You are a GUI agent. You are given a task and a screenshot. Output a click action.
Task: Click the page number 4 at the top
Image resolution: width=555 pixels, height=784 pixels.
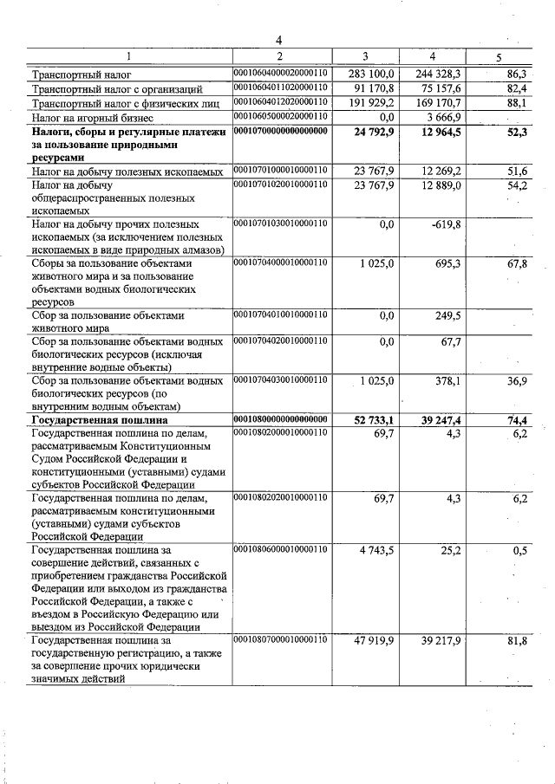point(279,40)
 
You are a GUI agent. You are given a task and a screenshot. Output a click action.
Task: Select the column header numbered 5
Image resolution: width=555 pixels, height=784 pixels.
point(498,57)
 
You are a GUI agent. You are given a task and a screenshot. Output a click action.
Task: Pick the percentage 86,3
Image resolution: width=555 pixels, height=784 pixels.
point(517,75)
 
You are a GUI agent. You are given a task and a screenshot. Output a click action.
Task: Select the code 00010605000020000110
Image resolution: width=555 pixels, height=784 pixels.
point(280,116)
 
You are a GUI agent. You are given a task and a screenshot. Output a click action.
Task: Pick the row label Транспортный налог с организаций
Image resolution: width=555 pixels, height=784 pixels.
point(117,89)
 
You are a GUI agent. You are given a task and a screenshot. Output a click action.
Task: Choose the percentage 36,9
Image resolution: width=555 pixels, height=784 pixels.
point(518,381)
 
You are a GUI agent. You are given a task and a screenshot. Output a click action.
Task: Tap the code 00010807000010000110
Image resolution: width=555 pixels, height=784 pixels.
point(280,639)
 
